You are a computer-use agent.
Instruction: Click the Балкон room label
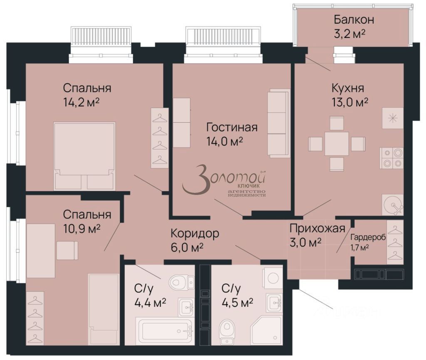click(x=354, y=20)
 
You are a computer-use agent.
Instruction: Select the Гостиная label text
click(x=232, y=127)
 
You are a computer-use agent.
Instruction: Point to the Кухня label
click(x=348, y=88)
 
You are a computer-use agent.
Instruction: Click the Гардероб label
click(x=368, y=237)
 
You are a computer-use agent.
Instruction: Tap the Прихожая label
click(x=317, y=228)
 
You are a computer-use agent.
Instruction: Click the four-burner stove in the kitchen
click(x=391, y=158)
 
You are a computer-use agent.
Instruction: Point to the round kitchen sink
click(x=392, y=205)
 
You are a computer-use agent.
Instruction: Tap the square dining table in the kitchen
click(x=337, y=144)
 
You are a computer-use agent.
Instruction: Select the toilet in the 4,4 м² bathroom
click(x=181, y=282)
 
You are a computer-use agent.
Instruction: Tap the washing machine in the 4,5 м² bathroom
click(x=273, y=277)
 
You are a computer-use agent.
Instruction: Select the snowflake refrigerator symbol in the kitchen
click(x=392, y=118)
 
